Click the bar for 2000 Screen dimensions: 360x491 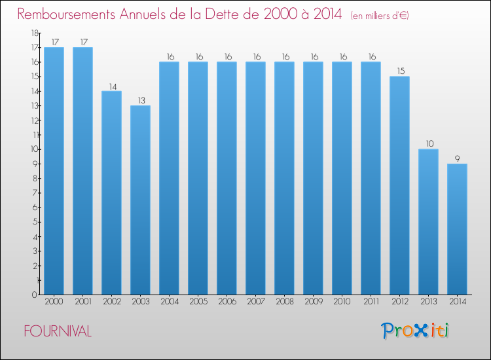tap(54, 170)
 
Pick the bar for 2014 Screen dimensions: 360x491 tap(457, 228)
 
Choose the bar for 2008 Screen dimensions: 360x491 tap(284, 177)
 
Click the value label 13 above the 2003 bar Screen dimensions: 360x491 tap(140, 100)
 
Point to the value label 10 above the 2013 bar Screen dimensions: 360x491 tap(428, 143)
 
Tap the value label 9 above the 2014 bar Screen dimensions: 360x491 tap(457, 158)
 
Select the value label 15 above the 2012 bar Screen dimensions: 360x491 tap(399, 71)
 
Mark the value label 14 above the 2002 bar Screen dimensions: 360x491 tap(111, 85)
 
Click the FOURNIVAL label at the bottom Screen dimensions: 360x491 tap(58, 331)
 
